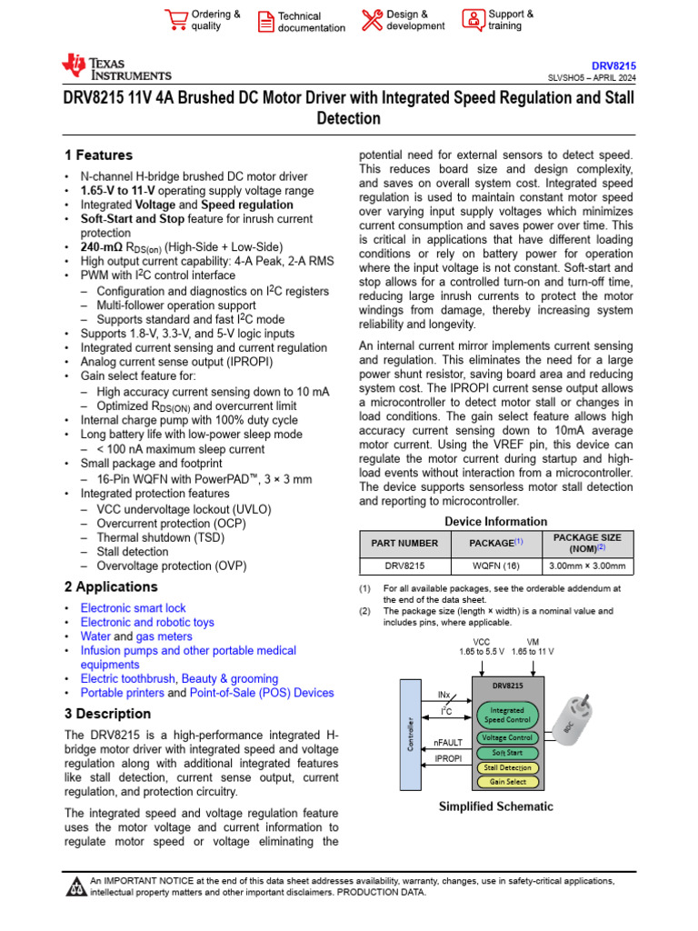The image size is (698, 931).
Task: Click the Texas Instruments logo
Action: (x=115, y=67)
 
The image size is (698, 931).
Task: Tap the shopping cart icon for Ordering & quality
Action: (x=176, y=20)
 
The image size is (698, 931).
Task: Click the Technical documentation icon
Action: (x=264, y=21)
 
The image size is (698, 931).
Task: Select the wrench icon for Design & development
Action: (x=372, y=20)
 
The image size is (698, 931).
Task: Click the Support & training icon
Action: (x=473, y=20)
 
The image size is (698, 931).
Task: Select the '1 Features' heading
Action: (x=98, y=155)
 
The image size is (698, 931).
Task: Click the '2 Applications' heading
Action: (x=111, y=587)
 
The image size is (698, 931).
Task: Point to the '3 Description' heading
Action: (x=107, y=714)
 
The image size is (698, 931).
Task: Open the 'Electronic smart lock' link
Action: (x=133, y=608)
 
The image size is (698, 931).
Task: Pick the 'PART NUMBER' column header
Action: (x=404, y=543)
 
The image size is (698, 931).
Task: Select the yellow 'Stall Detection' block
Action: (x=507, y=767)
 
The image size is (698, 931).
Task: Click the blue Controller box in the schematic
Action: (x=411, y=734)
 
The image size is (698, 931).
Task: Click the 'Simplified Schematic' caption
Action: (x=495, y=806)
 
